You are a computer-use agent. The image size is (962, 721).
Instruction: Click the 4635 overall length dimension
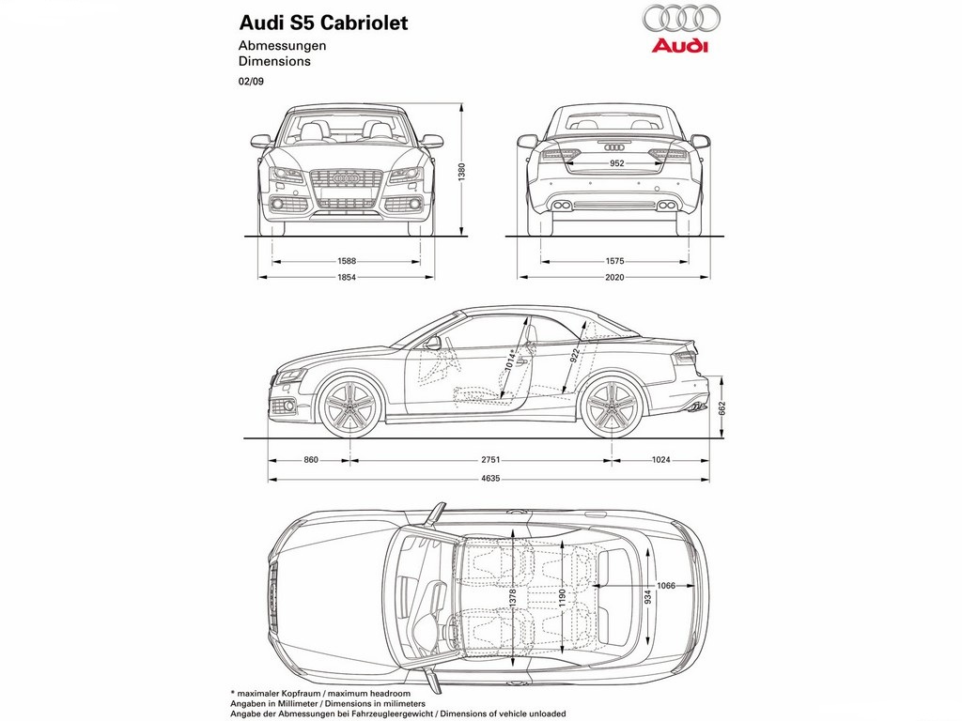[490, 478]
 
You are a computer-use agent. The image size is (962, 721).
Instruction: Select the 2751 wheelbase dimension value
[490, 459]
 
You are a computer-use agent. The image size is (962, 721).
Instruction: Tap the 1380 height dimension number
[462, 171]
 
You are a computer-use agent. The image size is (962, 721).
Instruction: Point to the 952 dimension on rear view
[616, 163]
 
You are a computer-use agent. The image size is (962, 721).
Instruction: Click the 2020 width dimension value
[614, 277]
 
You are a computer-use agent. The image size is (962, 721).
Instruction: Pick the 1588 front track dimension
[347, 261]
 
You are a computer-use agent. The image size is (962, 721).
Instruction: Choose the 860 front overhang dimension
[311, 459]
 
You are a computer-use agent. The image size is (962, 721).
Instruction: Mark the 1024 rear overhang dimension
[660, 459]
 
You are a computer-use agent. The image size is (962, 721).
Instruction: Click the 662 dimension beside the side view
[722, 408]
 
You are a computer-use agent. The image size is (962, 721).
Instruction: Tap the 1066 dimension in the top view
[666, 586]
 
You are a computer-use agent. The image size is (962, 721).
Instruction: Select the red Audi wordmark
[680, 45]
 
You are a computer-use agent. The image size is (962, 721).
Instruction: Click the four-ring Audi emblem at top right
[681, 18]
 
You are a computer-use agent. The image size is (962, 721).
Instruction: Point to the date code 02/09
[251, 81]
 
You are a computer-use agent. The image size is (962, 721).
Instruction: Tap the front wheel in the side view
[350, 407]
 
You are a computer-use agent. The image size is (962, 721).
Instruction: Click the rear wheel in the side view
[612, 407]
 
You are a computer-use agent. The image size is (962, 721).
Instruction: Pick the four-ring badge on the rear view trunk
[614, 147]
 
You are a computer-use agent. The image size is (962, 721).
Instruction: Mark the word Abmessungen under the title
[282, 45]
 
